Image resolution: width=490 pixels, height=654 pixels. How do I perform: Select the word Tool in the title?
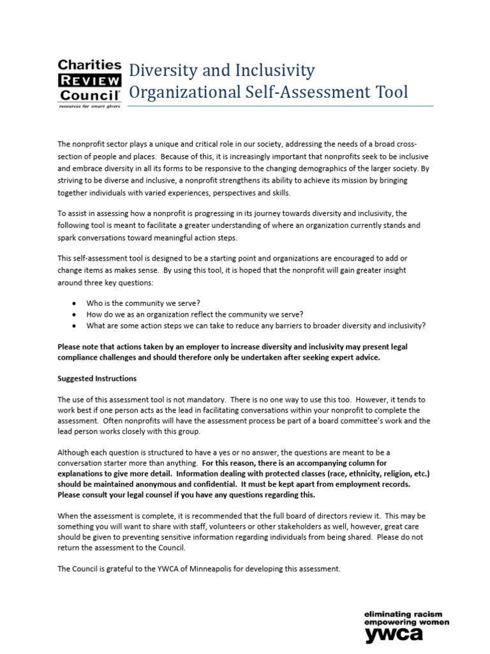(388, 92)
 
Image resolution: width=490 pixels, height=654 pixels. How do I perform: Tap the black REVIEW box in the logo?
(89, 80)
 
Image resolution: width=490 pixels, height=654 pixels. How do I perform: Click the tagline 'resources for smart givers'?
(89, 106)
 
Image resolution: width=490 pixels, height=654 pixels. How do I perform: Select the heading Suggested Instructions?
(96, 379)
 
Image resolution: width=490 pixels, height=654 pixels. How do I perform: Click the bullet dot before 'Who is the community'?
(75, 303)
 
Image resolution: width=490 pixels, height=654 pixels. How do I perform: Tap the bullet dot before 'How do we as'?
(75, 314)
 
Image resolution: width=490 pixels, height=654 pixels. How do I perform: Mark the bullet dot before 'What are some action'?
(75, 326)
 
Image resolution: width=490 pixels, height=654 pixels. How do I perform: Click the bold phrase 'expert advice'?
(353, 358)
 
